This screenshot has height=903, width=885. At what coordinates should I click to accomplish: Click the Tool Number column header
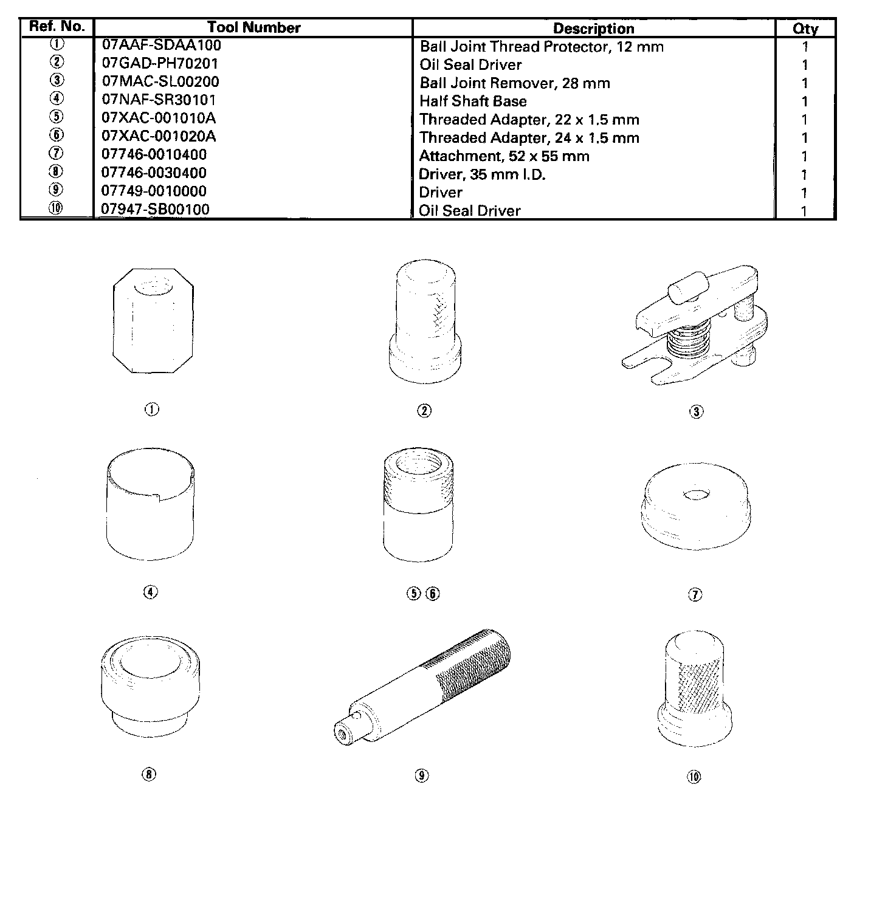click(253, 27)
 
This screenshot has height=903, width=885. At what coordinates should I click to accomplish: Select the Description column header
click(593, 29)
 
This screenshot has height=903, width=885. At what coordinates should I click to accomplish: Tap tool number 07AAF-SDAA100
click(161, 45)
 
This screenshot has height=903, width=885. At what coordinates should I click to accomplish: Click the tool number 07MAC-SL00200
click(160, 81)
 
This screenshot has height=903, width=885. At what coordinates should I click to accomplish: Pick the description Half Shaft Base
click(473, 101)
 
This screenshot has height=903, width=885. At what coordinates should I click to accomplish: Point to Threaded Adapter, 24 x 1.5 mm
click(529, 138)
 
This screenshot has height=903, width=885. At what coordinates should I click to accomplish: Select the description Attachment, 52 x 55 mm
click(504, 156)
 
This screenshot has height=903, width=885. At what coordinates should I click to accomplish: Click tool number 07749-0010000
click(154, 191)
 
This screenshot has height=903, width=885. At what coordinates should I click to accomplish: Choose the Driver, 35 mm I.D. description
click(482, 174)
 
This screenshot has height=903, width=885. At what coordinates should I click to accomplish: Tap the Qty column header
click(805, 29)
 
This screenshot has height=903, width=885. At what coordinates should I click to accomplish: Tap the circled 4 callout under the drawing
click(150, 592)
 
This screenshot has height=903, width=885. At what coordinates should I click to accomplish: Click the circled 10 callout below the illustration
click(694, 776)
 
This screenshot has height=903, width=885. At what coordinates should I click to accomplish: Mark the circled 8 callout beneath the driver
click(149, 774)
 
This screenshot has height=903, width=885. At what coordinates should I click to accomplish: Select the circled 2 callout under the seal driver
click(424, 411)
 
